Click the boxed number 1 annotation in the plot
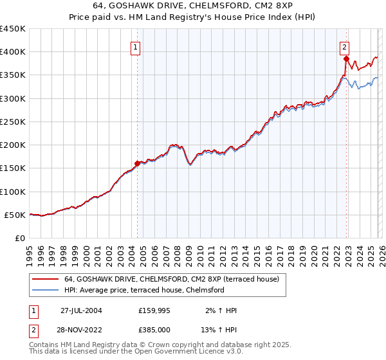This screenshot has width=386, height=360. pos(136,47)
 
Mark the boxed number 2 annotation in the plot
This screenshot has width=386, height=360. pos(345,47)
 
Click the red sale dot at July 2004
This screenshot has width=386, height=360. pos(137,163)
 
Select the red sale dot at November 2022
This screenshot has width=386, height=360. pos(346,59)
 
